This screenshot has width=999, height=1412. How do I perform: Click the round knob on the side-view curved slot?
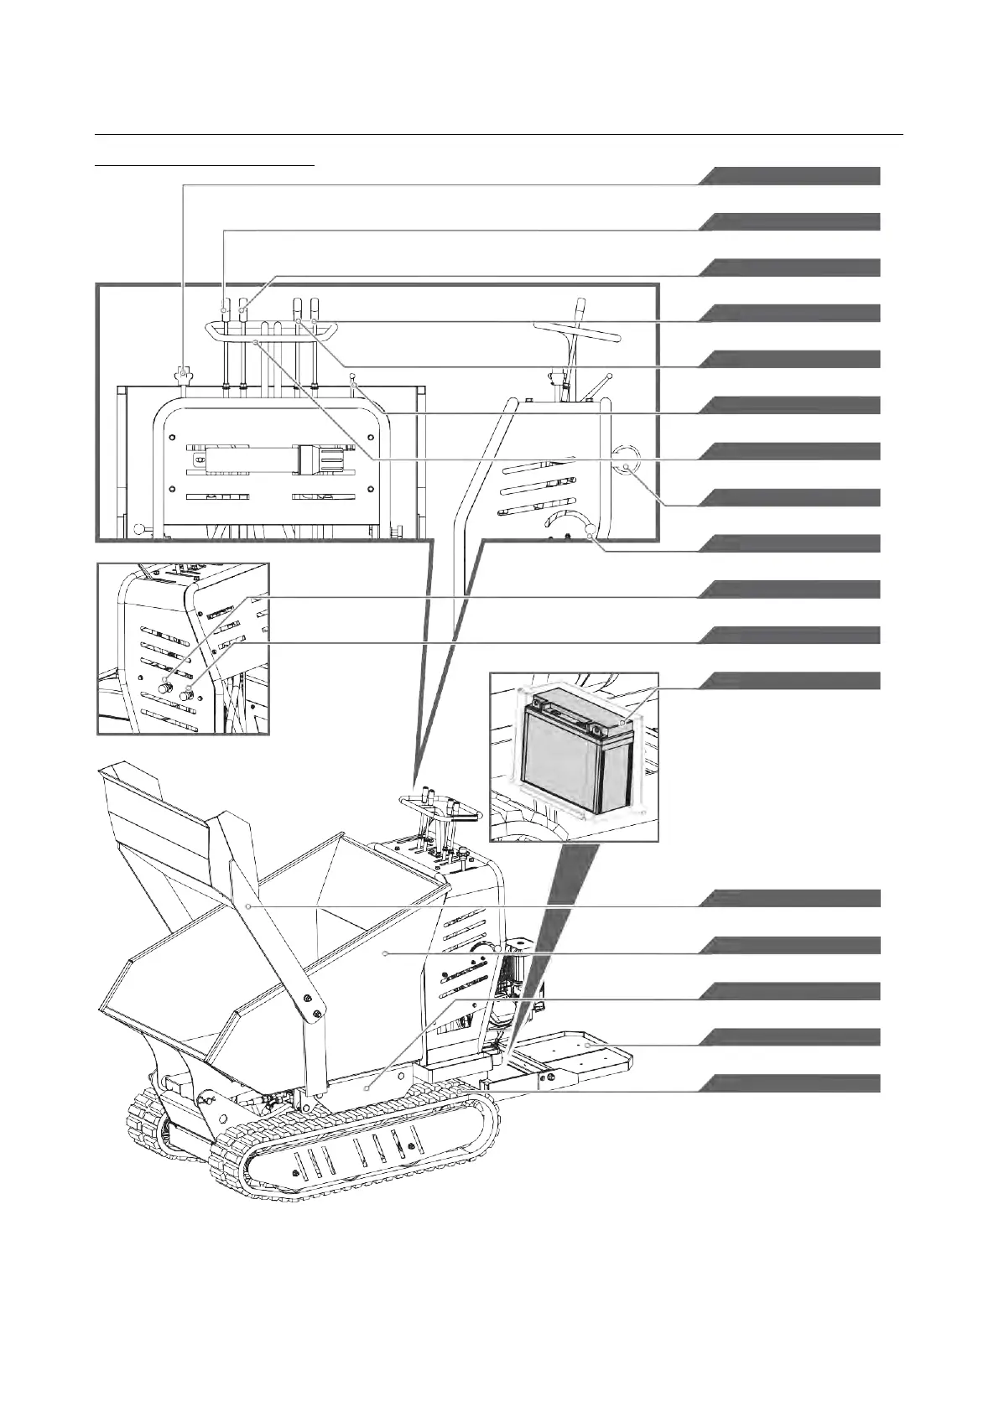[591, 529]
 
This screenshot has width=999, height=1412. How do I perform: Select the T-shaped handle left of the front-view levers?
[185, 371]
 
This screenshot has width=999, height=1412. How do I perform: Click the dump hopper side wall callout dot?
[385, 953]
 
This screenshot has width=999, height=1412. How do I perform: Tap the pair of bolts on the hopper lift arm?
[311, 1005]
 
